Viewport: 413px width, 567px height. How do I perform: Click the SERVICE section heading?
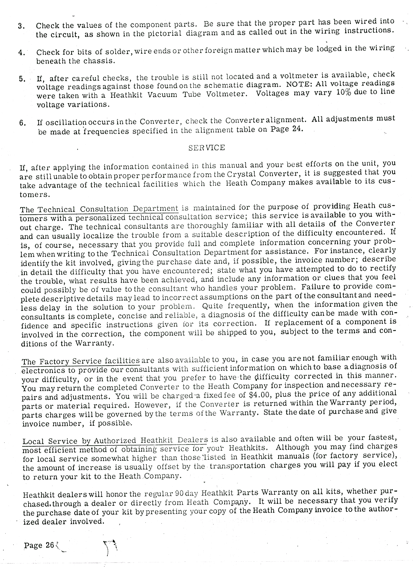click(x=206, y=148)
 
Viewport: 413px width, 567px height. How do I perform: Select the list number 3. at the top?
click(x=21, y=26)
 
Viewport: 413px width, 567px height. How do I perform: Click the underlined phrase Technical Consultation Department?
click(x=99, y=209)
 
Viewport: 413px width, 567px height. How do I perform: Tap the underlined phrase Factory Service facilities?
click(x=81, y=361)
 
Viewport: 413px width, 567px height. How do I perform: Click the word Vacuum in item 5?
click(x=162, y=94)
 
